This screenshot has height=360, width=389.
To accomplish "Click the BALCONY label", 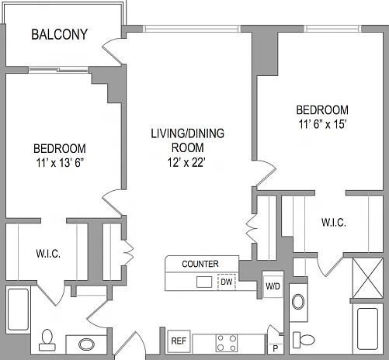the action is [x=60, y=34].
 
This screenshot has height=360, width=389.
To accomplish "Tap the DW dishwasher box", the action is [x=227, y=282].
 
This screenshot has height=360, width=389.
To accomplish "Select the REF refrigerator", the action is [x=179, y=341].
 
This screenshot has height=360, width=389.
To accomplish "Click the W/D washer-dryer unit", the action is [x=273, y=286].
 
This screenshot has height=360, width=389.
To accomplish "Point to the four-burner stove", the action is [x=227, y=343].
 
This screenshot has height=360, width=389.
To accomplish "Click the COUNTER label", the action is [x=200, y=264].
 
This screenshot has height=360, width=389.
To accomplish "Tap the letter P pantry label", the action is [x=276, y=349].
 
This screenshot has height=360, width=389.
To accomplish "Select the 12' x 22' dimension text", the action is [x=186, y=163].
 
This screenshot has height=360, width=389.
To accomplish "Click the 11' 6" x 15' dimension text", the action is [x=322, y=124].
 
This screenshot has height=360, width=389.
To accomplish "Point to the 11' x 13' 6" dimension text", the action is [x=60, y=163].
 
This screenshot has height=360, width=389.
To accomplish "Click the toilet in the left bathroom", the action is [x=47, y=340].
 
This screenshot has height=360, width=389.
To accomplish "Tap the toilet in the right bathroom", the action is [x=304, y=340].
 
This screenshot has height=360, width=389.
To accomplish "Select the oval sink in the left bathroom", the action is [x=86, y=344].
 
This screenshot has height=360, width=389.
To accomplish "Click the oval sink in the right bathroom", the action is [x=298, y=302].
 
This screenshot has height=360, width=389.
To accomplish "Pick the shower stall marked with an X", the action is [x=368, y=278].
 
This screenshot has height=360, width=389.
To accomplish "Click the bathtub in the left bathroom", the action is [x=18, y=310].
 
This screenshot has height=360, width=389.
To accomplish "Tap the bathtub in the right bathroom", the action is [x=367, y=329].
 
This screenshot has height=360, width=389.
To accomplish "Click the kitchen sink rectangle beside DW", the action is [x=204, y=282].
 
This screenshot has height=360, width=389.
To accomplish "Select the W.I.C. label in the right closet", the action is [x=334, y=223].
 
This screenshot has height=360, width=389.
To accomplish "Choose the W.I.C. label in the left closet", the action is [x=48, y=254].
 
